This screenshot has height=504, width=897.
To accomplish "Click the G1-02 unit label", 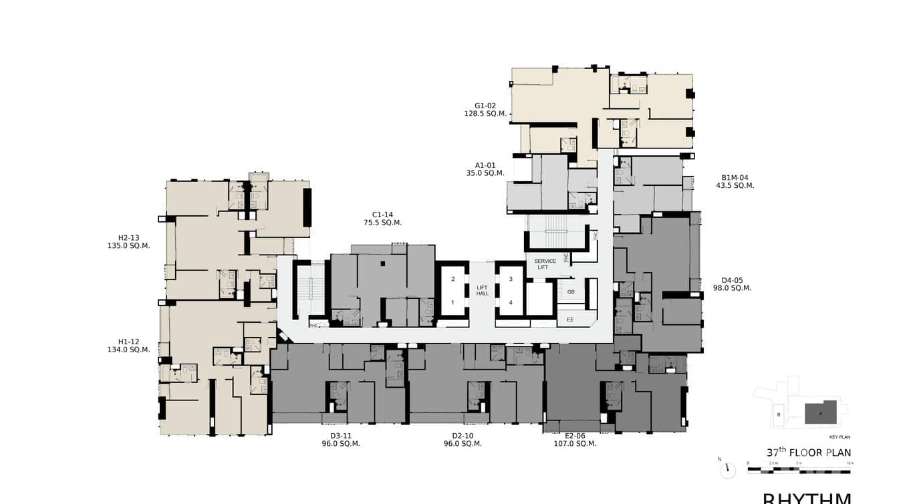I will (485, 106).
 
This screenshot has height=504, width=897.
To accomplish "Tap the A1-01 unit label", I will (485, 165).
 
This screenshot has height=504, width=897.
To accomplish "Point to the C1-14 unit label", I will (382, 215).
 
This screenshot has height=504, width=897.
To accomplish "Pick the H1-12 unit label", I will (129, 342).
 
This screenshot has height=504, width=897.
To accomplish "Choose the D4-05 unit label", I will (732, 280).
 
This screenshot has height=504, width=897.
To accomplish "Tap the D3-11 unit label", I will (341, 436).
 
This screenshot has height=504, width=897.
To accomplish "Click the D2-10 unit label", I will (463, 436).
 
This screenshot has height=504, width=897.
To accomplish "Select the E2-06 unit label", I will (575, 436).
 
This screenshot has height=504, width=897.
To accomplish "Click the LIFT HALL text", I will (483, 290).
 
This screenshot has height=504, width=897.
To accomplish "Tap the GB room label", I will (571, 292).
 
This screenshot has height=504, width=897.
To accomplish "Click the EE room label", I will (570, 320).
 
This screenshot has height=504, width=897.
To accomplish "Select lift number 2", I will (453, 279).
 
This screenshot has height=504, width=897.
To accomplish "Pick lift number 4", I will (511, 302).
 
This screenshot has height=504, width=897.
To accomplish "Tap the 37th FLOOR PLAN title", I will (809, 453).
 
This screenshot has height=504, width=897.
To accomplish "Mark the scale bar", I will (799, 471).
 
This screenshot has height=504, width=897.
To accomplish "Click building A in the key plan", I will (821, 412).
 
